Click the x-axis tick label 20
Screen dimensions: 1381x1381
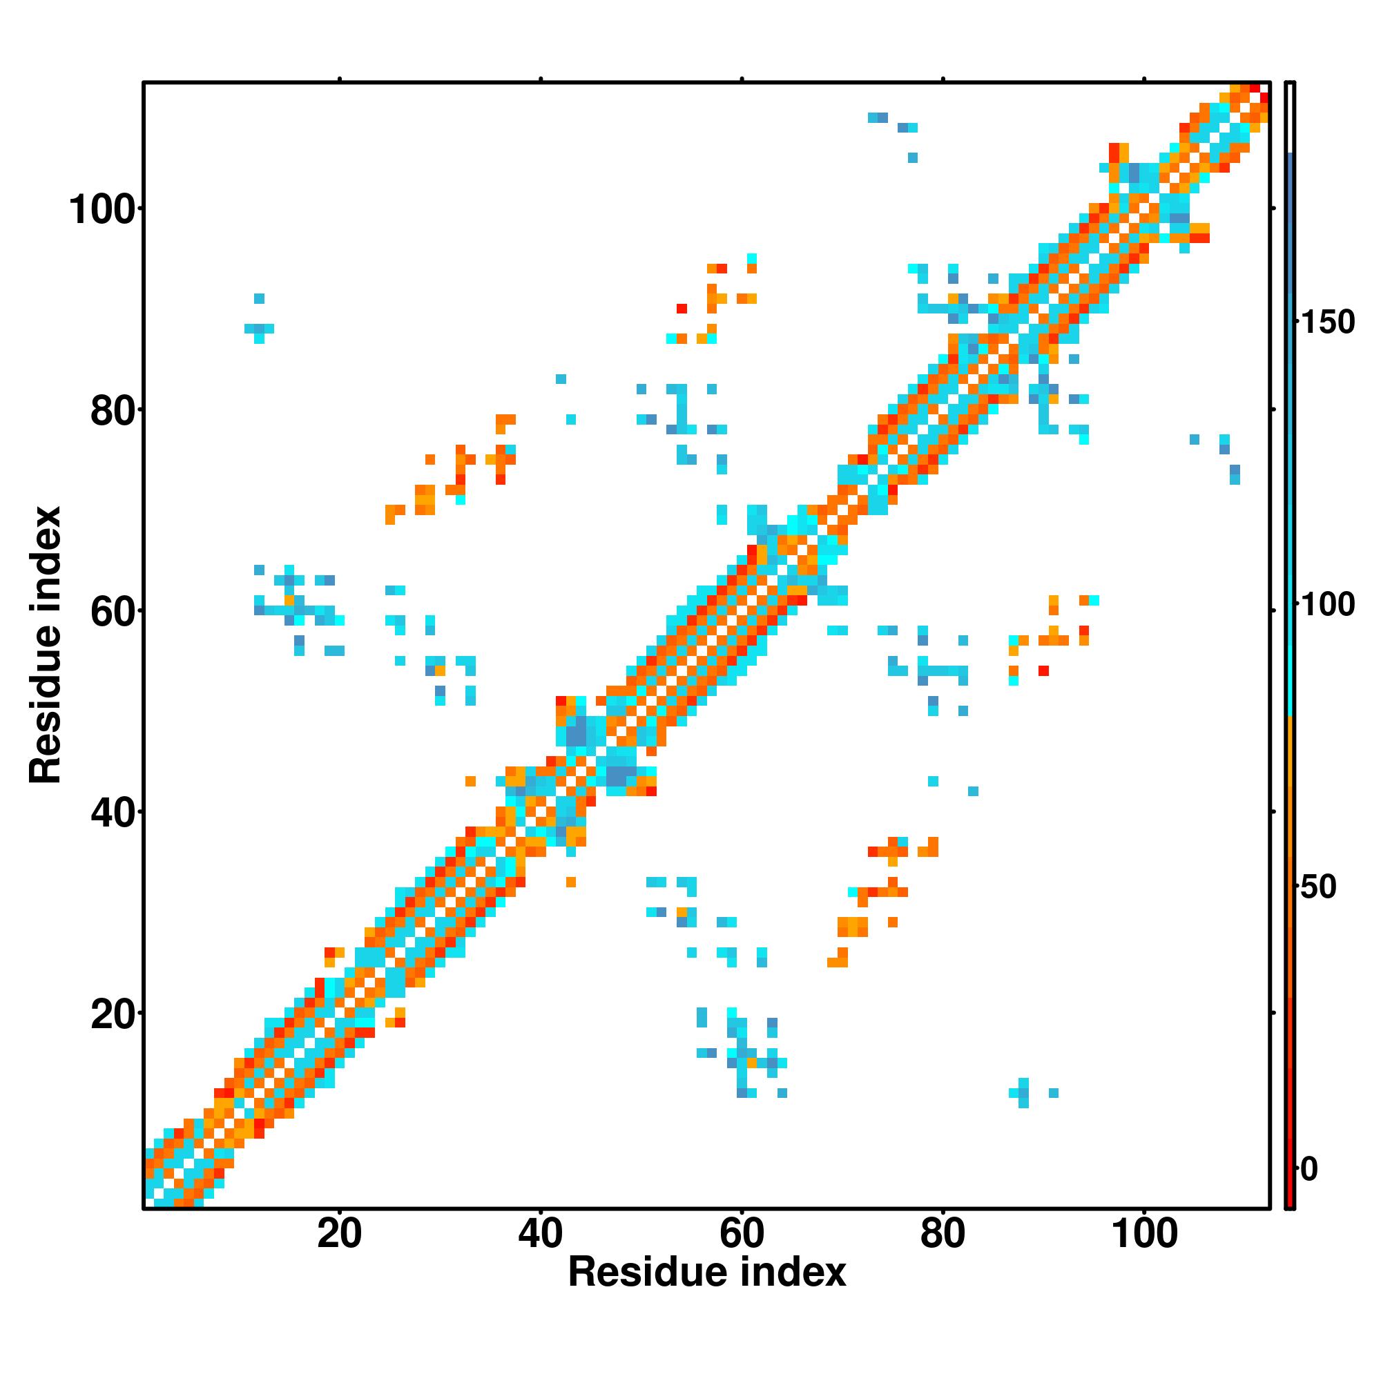pyautogui.click(x=339, y=1255)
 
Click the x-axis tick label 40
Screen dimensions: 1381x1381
pyautogui.click(x=541, y=1255)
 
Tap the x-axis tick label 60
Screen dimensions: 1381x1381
pyautogui.click(x=742, y=1255)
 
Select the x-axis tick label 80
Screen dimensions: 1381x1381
pyautogui.click(x=943, y=1255)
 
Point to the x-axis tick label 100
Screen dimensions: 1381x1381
pyautogui.click(x=1143, y=1255)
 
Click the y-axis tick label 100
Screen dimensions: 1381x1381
pyautogui.click(x=102, y=211)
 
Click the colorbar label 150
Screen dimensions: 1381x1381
pyautogui.click(x=1326, y=323)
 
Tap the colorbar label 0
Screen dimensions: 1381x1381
pyautogui.click(x=1309, y=1170)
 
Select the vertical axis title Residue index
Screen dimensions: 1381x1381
pyautogui.click(x=46, y=645)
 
